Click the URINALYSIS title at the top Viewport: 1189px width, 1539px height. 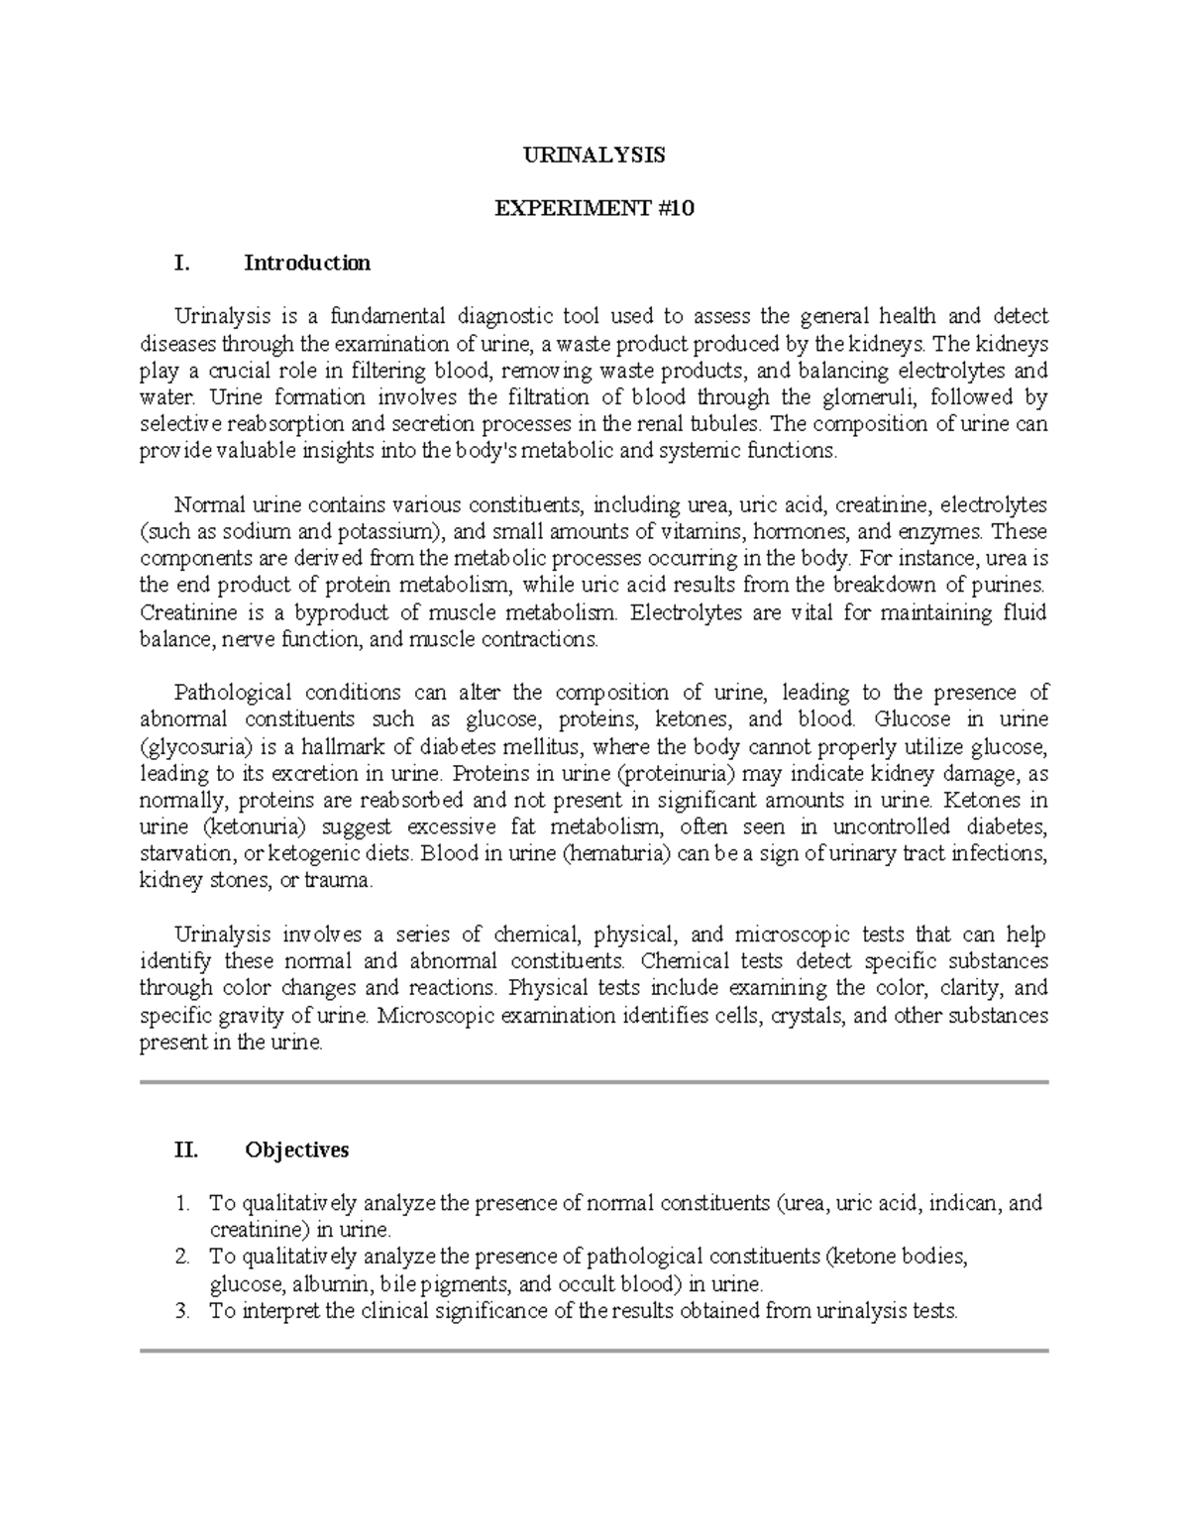click(x=594, y=156)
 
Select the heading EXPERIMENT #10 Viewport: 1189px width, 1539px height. click(x=594, y=209)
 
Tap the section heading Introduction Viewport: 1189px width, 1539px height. click(x=307, y=263)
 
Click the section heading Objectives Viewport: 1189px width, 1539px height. click(x=296, y=1150)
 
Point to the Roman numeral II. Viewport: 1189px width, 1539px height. click(x=185, y=1150)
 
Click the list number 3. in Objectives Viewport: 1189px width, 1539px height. click(x=181, y=1311)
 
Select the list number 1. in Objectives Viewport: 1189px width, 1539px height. click(x=181, y=1203)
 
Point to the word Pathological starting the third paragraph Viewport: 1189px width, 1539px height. click(x=232, y=692)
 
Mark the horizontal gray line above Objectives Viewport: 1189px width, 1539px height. click(x=594, y=1082)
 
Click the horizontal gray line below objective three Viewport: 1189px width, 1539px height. click(x=594, y=1351)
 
